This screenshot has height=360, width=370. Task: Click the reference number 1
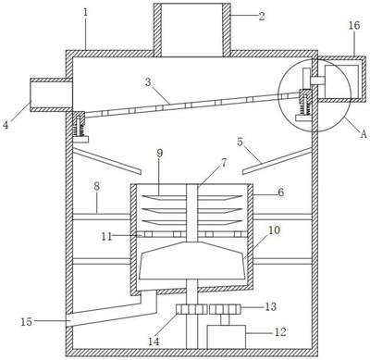point(86,13)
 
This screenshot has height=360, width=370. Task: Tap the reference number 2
point(262,16)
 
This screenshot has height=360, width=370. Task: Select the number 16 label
point(354,26)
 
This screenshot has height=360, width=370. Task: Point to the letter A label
point(364,134)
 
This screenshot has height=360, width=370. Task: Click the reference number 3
point(149,82)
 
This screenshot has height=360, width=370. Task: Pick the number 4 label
point(6,126)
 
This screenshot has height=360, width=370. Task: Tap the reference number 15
point(27,322)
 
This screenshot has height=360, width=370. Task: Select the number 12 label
point(280,332)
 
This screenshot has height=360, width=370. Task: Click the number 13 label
point(271,306)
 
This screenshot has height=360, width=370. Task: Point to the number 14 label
point(154,341)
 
